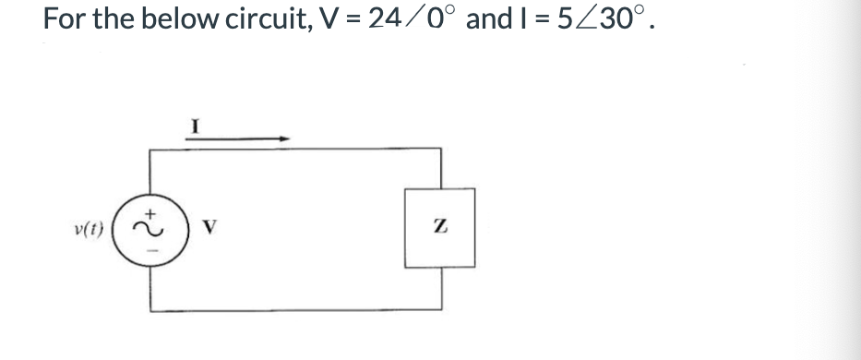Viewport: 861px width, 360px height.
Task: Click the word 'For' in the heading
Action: pos(64,19)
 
